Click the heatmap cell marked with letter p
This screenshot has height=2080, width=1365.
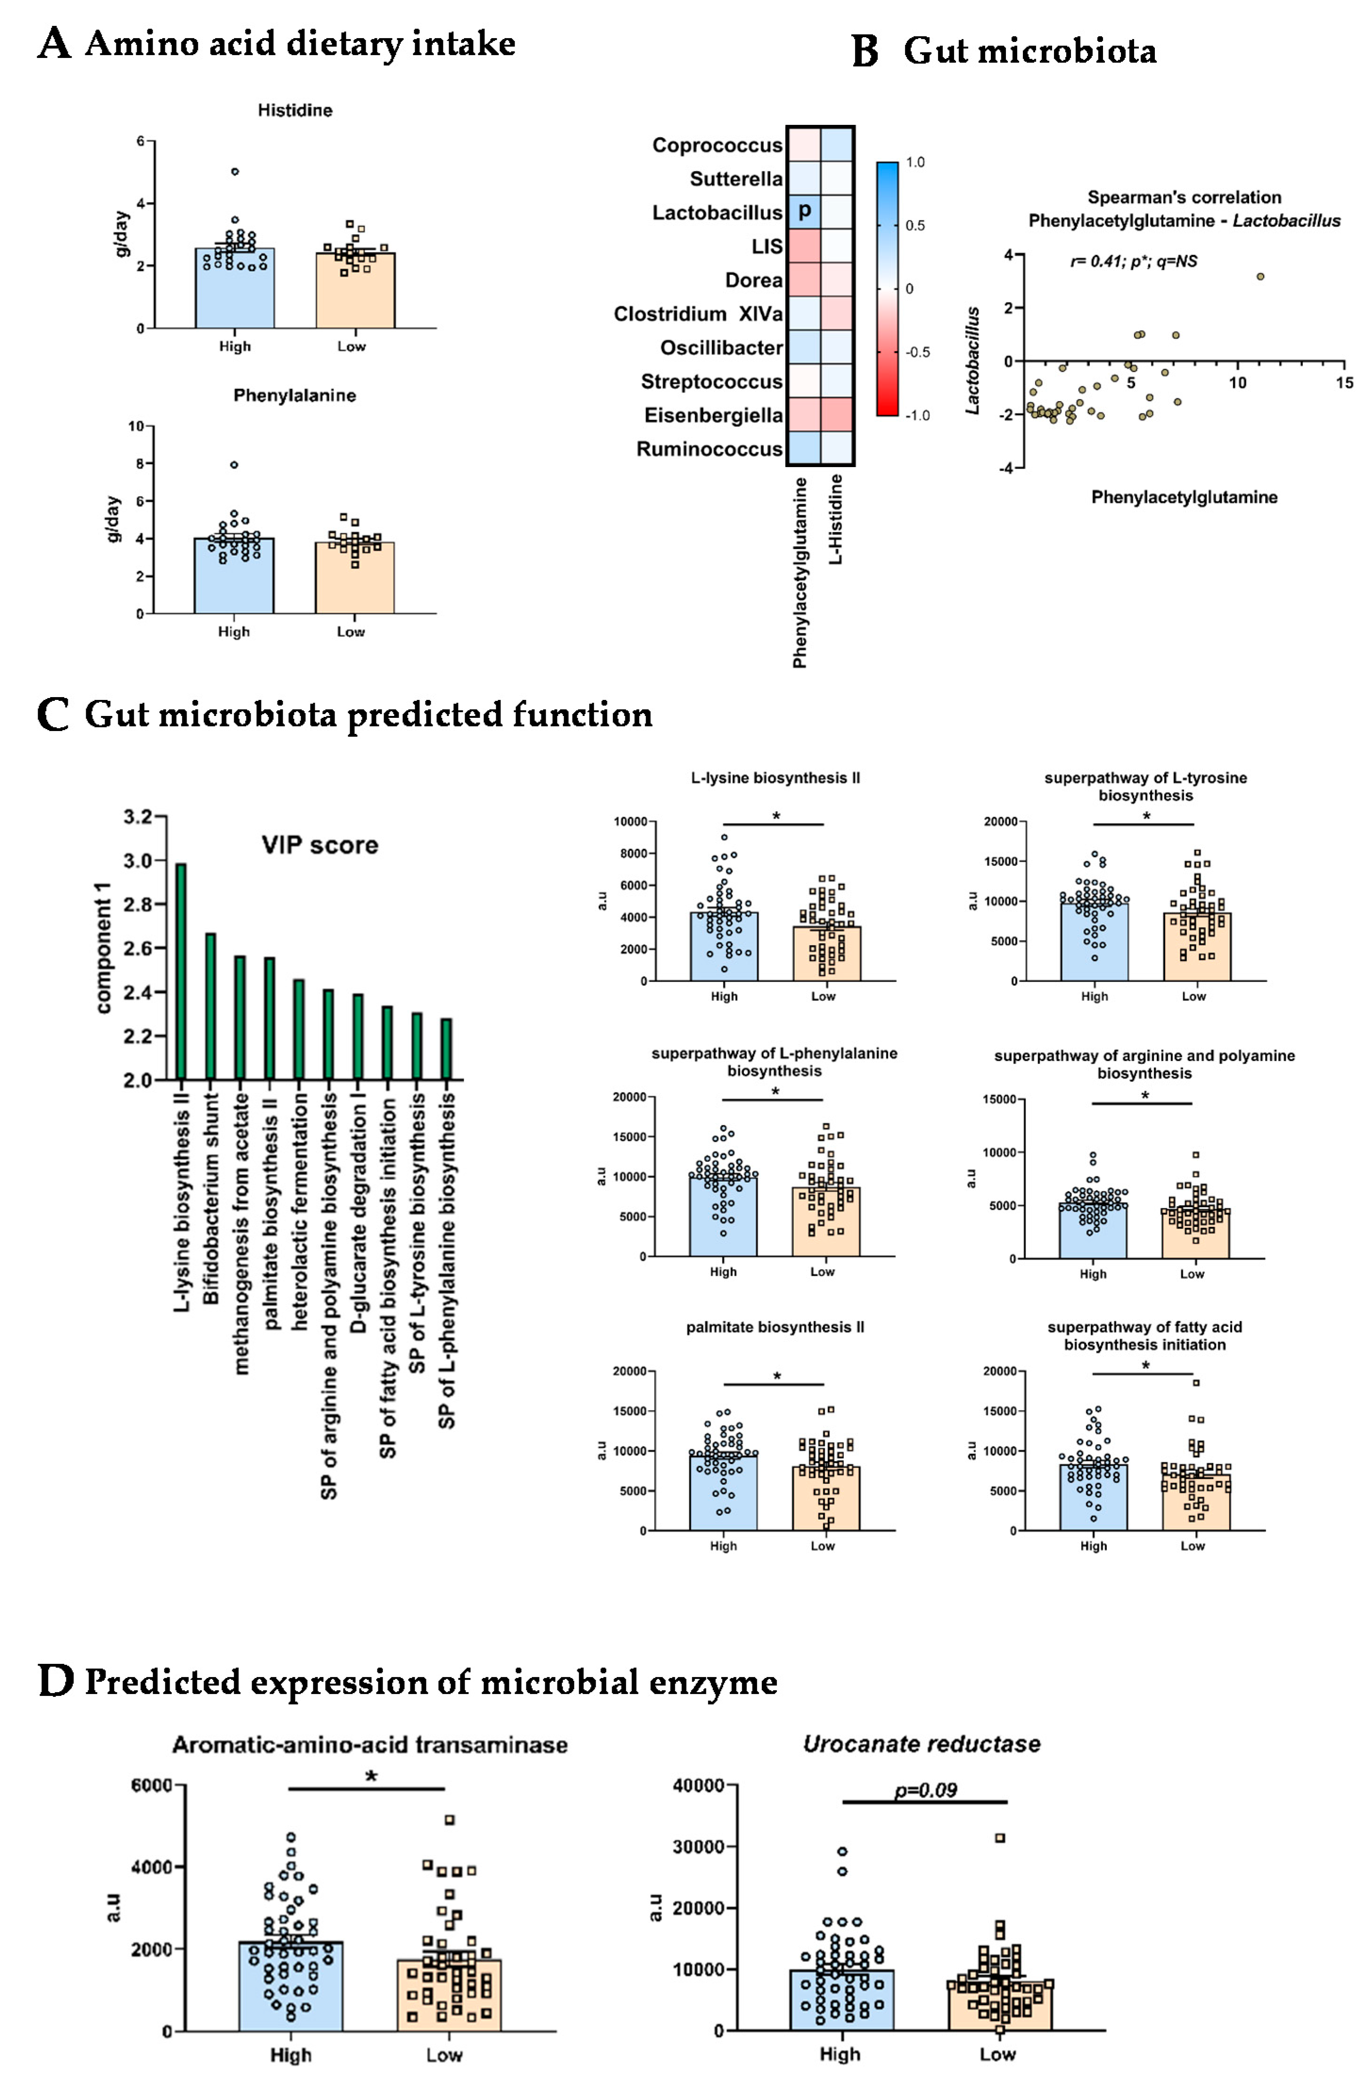[x=803, y=212]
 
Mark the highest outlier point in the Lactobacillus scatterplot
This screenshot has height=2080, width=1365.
[x=1259, y=276]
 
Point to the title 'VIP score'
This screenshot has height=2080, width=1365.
[x=320, y=845]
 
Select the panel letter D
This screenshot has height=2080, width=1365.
[x=56, y=1681]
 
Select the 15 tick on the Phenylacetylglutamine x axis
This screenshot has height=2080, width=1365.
[x=1344, y=383]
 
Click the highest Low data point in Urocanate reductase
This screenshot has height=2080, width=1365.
[x=1000, y=1838]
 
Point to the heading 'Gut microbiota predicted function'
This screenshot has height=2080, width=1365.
[x=368, y=715]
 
